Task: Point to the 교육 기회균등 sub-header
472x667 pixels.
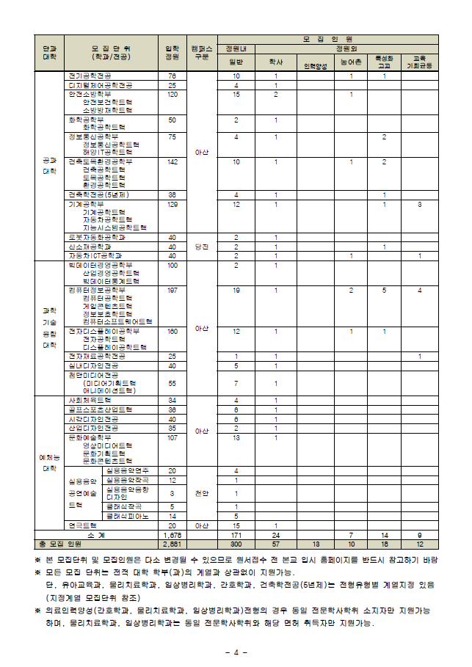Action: (419, 62)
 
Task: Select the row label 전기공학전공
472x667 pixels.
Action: (90, 76)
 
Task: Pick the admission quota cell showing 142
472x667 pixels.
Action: (173, 161)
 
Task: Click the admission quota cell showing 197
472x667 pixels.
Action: (173, 291)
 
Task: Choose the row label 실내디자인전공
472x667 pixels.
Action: (93, 365)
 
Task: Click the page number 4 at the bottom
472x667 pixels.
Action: (236, 652)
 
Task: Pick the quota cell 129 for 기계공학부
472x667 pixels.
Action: (173, 204)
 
